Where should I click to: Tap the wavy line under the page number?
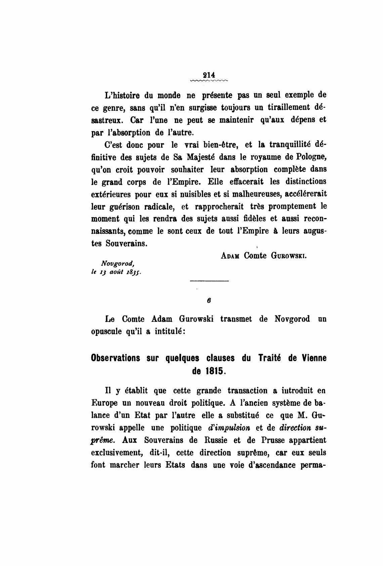coord(209,81)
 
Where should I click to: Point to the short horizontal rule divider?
coord(209,281)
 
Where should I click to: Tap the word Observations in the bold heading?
coord(115,358)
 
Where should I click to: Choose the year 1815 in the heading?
coord(215,372)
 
